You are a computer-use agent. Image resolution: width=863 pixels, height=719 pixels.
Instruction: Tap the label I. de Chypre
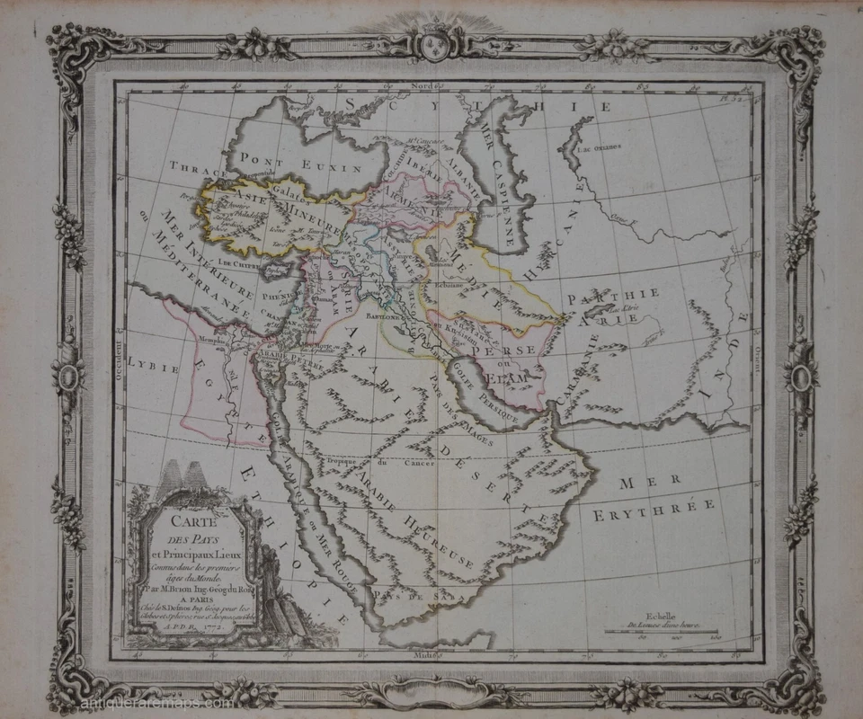(x=236, y=264)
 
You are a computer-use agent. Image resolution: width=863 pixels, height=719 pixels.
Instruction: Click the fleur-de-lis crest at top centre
(x=431, y=40)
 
